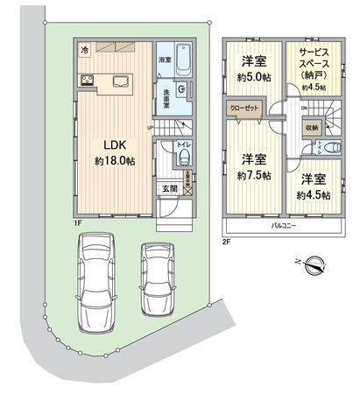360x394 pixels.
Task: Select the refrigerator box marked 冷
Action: (83, 50)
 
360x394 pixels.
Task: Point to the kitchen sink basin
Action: (119, 83)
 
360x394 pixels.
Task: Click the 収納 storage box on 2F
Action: (313, 127)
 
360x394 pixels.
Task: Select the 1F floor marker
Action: (78, 222)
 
